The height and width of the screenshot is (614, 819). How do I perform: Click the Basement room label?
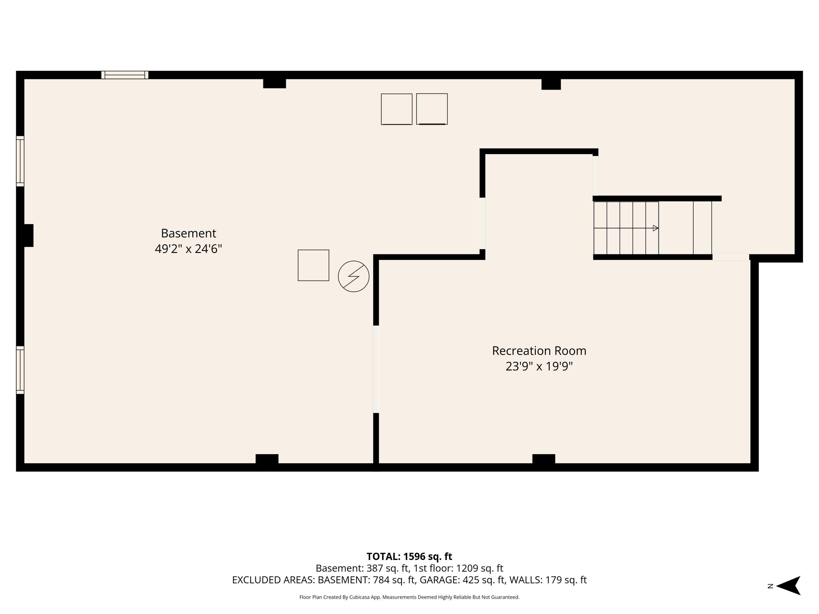coord(188,233)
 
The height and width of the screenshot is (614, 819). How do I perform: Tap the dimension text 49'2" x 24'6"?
coord(188,249)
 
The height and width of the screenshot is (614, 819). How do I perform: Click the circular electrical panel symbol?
coord(353,276)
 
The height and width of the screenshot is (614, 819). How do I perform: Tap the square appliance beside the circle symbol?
coord(313,265)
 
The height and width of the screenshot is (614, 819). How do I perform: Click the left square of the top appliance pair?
coord(397,109)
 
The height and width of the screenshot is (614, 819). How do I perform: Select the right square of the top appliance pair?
coord(432,109)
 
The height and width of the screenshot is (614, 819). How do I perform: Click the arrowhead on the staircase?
coord(655,228)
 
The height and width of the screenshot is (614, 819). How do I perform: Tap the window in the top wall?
coord(125,75)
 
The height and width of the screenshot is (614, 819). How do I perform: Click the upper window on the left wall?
coord(20,161)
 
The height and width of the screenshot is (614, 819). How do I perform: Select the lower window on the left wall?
coord(20,370)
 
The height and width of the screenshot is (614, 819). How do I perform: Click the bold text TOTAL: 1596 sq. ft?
coord(409,557)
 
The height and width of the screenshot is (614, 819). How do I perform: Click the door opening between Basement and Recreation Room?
coord(376,369)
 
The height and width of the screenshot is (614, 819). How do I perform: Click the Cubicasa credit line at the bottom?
coord(409,597)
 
